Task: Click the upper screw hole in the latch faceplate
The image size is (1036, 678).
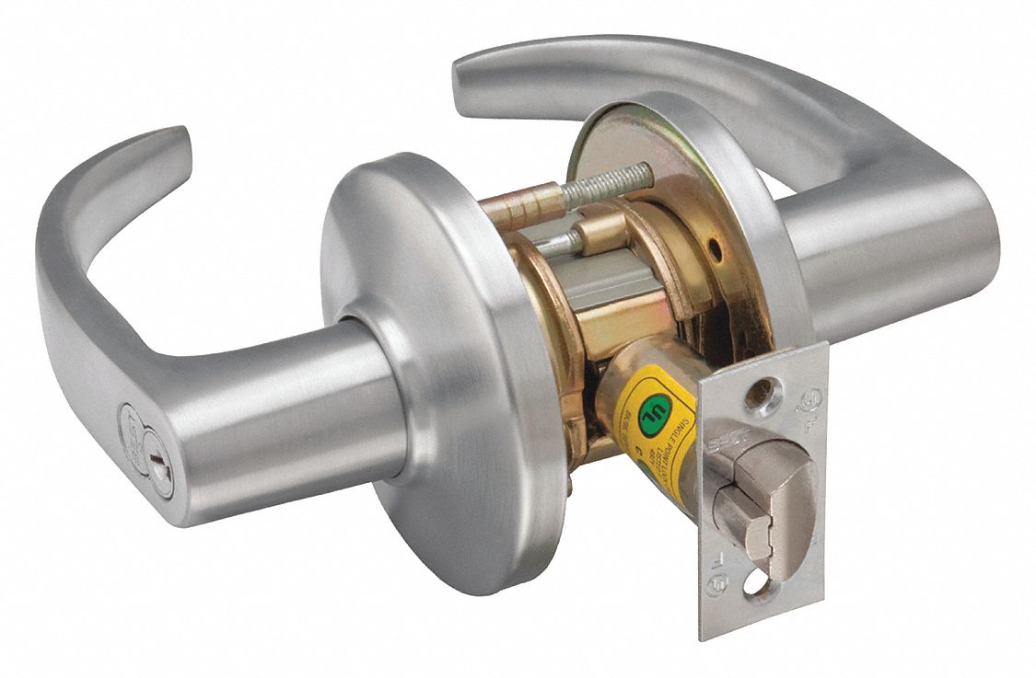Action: click(x=759, y=395)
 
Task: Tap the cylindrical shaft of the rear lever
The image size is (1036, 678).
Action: click(x=875, y=258)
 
